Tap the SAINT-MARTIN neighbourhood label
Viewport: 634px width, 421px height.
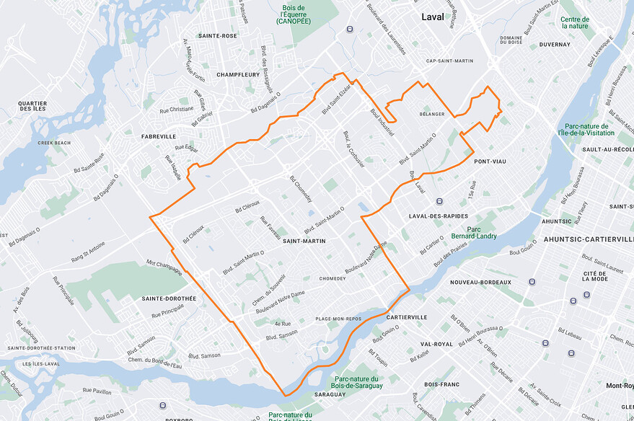[304, 241]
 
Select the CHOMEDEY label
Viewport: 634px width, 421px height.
[333, 278]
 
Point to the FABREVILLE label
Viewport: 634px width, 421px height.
[159, 136]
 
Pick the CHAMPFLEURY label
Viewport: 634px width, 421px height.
[238, 74]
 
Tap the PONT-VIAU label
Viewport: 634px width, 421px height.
[492, 162]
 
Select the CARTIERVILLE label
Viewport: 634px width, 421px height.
[407, 317]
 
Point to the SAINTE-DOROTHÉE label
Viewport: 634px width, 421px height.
[169, 298]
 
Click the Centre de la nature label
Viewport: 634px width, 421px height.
[575, 22]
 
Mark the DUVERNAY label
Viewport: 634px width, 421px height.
[554, 45]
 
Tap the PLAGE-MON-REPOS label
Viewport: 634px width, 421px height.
[338, 318]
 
